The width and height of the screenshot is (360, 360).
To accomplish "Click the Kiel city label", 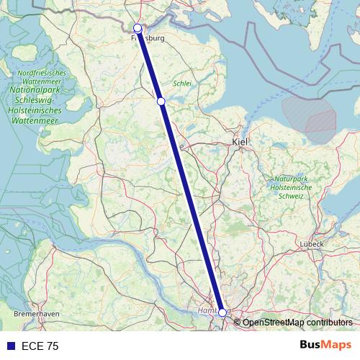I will coord(240,143).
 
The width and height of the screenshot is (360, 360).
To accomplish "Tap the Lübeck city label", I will coord(313,244).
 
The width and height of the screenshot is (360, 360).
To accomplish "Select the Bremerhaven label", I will coord(36,315).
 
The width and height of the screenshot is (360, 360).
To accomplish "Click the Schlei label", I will coord(182,84).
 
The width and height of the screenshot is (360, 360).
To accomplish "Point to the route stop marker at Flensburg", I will coord(138,28).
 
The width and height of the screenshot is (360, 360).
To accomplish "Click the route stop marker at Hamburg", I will coord(222,312).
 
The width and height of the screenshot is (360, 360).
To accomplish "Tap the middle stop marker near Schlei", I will coord(161,102).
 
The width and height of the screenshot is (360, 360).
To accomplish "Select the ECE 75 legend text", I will coord(40,346).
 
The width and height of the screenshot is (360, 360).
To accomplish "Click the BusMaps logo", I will coord(325,346).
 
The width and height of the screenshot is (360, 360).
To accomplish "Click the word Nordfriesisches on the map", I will coord(41,73).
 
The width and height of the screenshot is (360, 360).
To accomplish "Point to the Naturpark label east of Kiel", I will coord(291,178).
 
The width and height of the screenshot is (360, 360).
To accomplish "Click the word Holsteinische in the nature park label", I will coord(291,187).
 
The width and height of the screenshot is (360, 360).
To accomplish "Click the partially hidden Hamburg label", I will coord(206,311).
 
